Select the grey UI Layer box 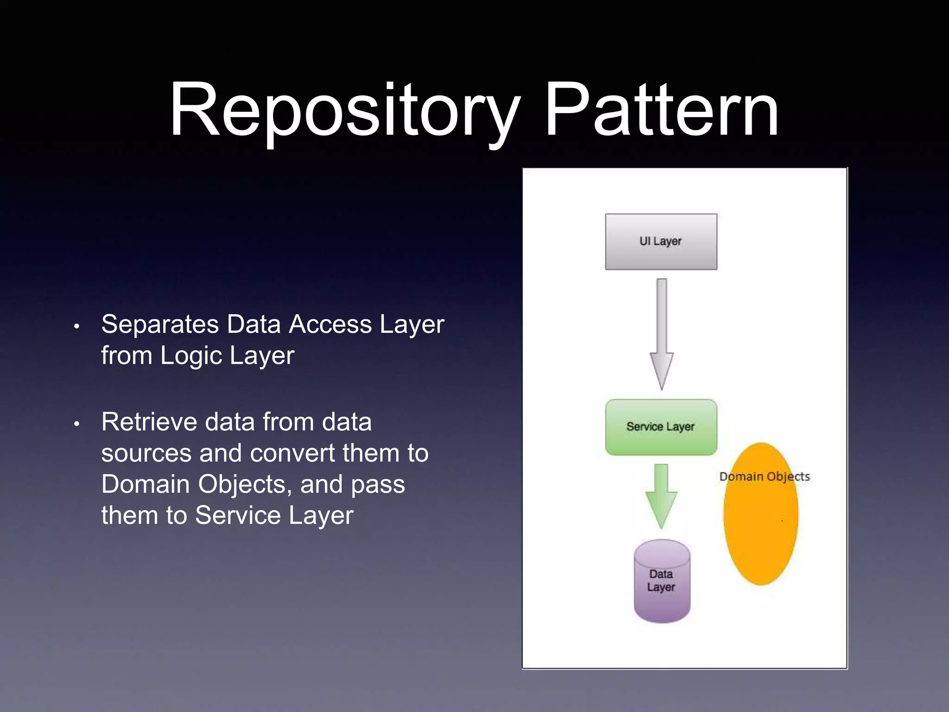[x=661, y=242]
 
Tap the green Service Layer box [x=661, y=427]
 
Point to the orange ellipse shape [x=760, y=528]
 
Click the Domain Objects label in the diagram [x=764, y=477]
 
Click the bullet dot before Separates [x=77, y=326]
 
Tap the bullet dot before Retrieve [x=77, y=424]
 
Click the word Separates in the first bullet [x=160, y=324]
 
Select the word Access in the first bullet [x=330, y=324]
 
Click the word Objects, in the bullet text [x=245, y=484]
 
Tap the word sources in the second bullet [x=146, y=453]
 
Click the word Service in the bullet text [x=237, y=515]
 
